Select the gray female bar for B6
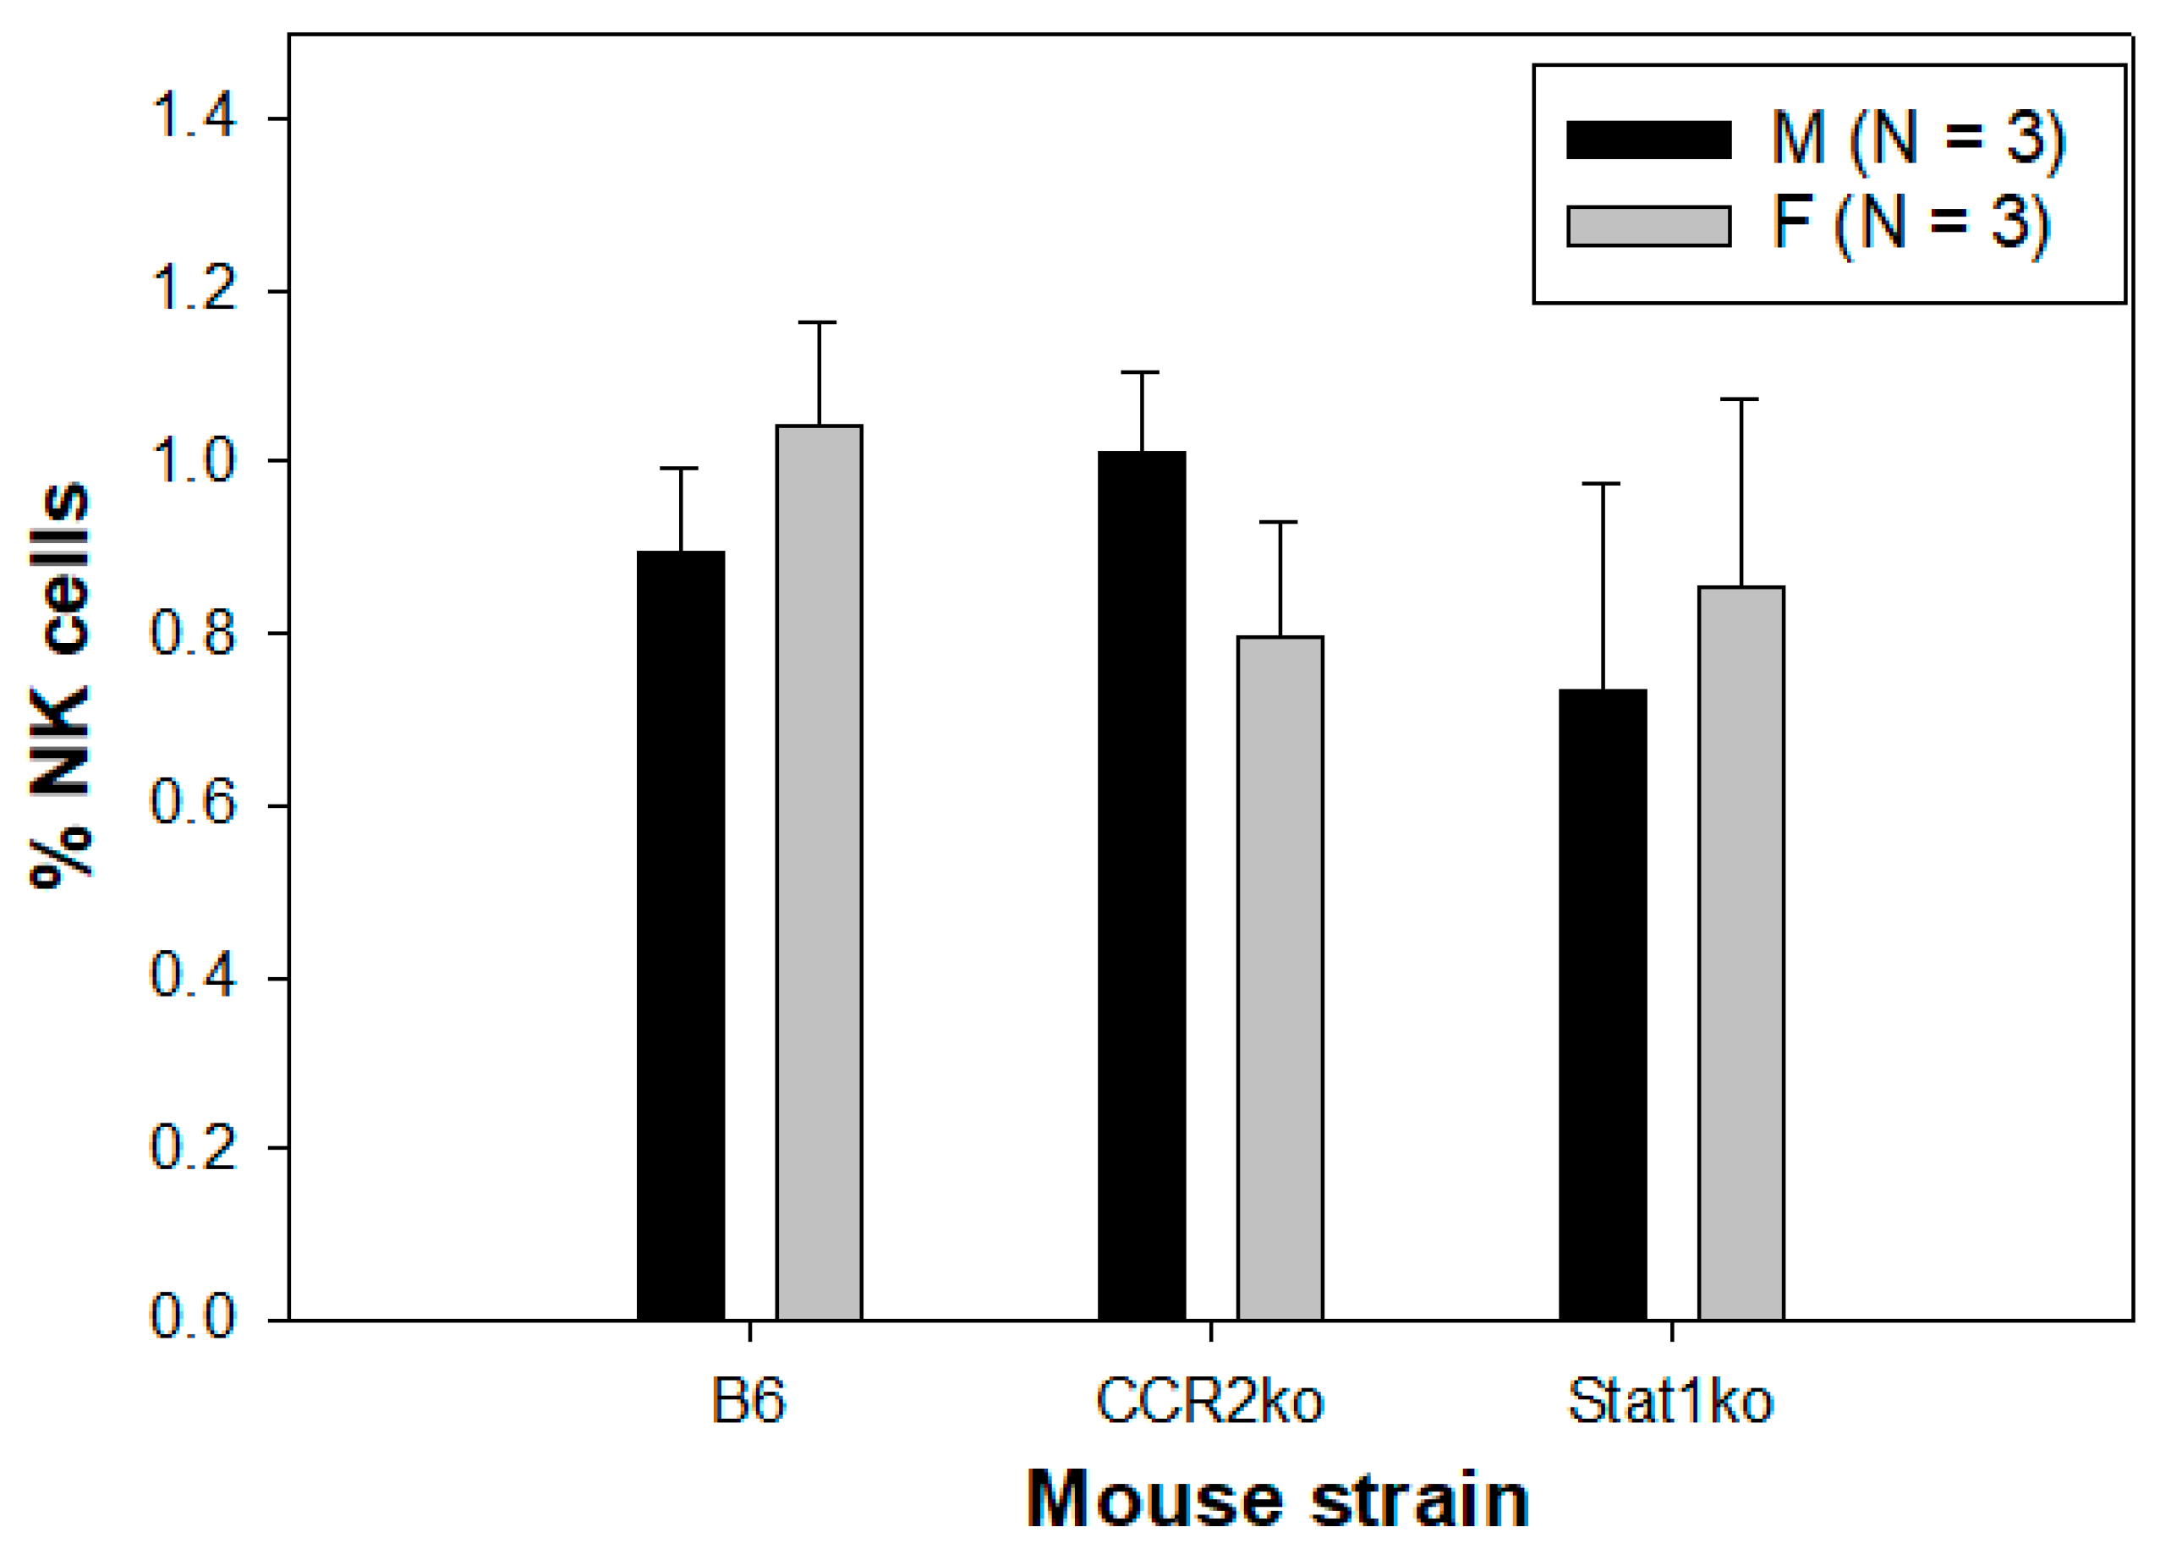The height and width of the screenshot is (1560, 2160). (818, 872)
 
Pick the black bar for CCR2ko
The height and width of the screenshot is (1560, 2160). (1141, 886)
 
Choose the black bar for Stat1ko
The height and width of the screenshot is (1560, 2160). (1602, 1005)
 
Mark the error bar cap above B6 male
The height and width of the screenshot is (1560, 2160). (680, 469)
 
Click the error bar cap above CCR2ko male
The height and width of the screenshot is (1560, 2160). (1141, 372)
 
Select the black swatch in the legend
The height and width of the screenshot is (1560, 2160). (1648, 139)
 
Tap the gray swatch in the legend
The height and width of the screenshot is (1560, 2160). (1648, 226)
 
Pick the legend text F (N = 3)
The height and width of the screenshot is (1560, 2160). (1909, 224)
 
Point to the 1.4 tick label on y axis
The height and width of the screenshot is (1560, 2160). (194, 118)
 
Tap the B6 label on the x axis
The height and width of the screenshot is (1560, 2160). (748, 1401)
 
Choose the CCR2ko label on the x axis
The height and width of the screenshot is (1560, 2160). (1209, 1401)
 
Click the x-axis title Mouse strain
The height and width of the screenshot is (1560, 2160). (1278, 1499)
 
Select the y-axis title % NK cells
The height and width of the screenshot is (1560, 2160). (61, 686)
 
